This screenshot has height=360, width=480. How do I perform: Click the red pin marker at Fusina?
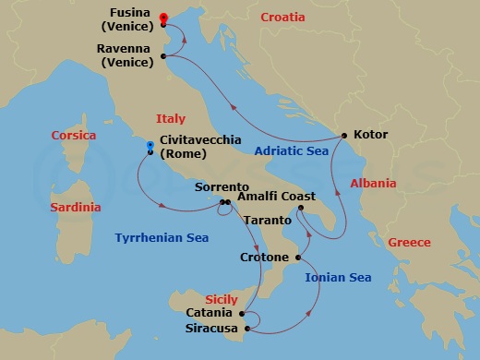point(162,18)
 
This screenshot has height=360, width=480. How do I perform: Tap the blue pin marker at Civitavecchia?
point(149,145)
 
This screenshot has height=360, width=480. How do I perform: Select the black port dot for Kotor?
point(344,136)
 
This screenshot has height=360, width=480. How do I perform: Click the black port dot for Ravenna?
point(162,56)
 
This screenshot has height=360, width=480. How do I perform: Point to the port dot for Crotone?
point(297,257)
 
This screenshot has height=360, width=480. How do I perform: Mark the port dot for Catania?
point(242,313)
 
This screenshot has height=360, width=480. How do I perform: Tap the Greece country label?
point(409,243)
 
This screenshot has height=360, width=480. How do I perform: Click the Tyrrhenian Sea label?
point(162,238)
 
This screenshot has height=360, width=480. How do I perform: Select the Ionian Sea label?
point(338,277)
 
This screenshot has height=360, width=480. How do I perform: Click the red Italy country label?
point(170,119)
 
